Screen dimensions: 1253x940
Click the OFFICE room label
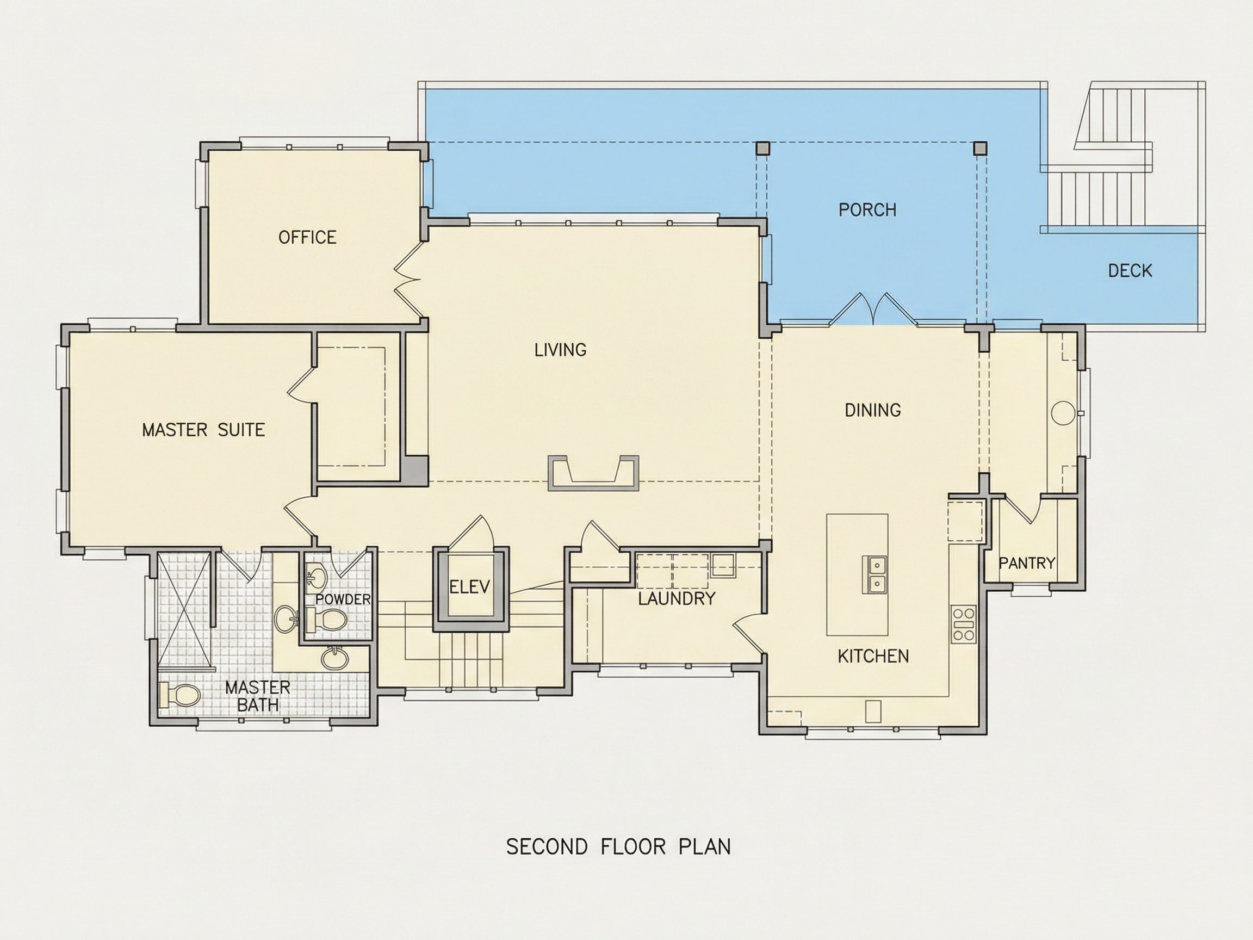pyautogui.click(x=307, y=237)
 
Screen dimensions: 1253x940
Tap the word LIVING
pyautogui.click(x=560, y=350)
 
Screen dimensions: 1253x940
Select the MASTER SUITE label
pyautogui.click(x=203, y=430)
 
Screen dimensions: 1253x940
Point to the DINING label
pyautogui.click(x=872, y=410)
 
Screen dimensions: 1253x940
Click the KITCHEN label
pyautogui.click(x=873, y=656)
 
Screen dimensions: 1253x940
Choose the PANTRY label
pyautogui.click(x=1026, y=563)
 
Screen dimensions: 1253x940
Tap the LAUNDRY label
pyautogui.click(x=677, y=599)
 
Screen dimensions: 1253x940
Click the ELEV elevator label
pyautogui.click(x=469, y=586)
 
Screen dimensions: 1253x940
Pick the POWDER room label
pyautogui.click(x=343, y=599)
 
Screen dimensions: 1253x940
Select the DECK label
pyautogui.click(x=1130, y=271)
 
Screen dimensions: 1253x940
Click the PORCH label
pyautogui.click(x=867, y=210)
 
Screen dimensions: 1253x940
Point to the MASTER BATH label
pyautogui.click(x=258, y=696)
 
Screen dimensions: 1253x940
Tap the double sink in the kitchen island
pyautogui.click(x=875, y=574)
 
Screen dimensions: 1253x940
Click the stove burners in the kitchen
pyautogui.click(x=964, y=623)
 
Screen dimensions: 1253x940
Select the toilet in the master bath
pyautogui.click(x=179, y=695)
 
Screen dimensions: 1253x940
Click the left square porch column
pyautogui.click(x=763, y=149)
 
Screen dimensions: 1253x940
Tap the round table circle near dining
pyautogui.click(x=1063, y=412)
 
